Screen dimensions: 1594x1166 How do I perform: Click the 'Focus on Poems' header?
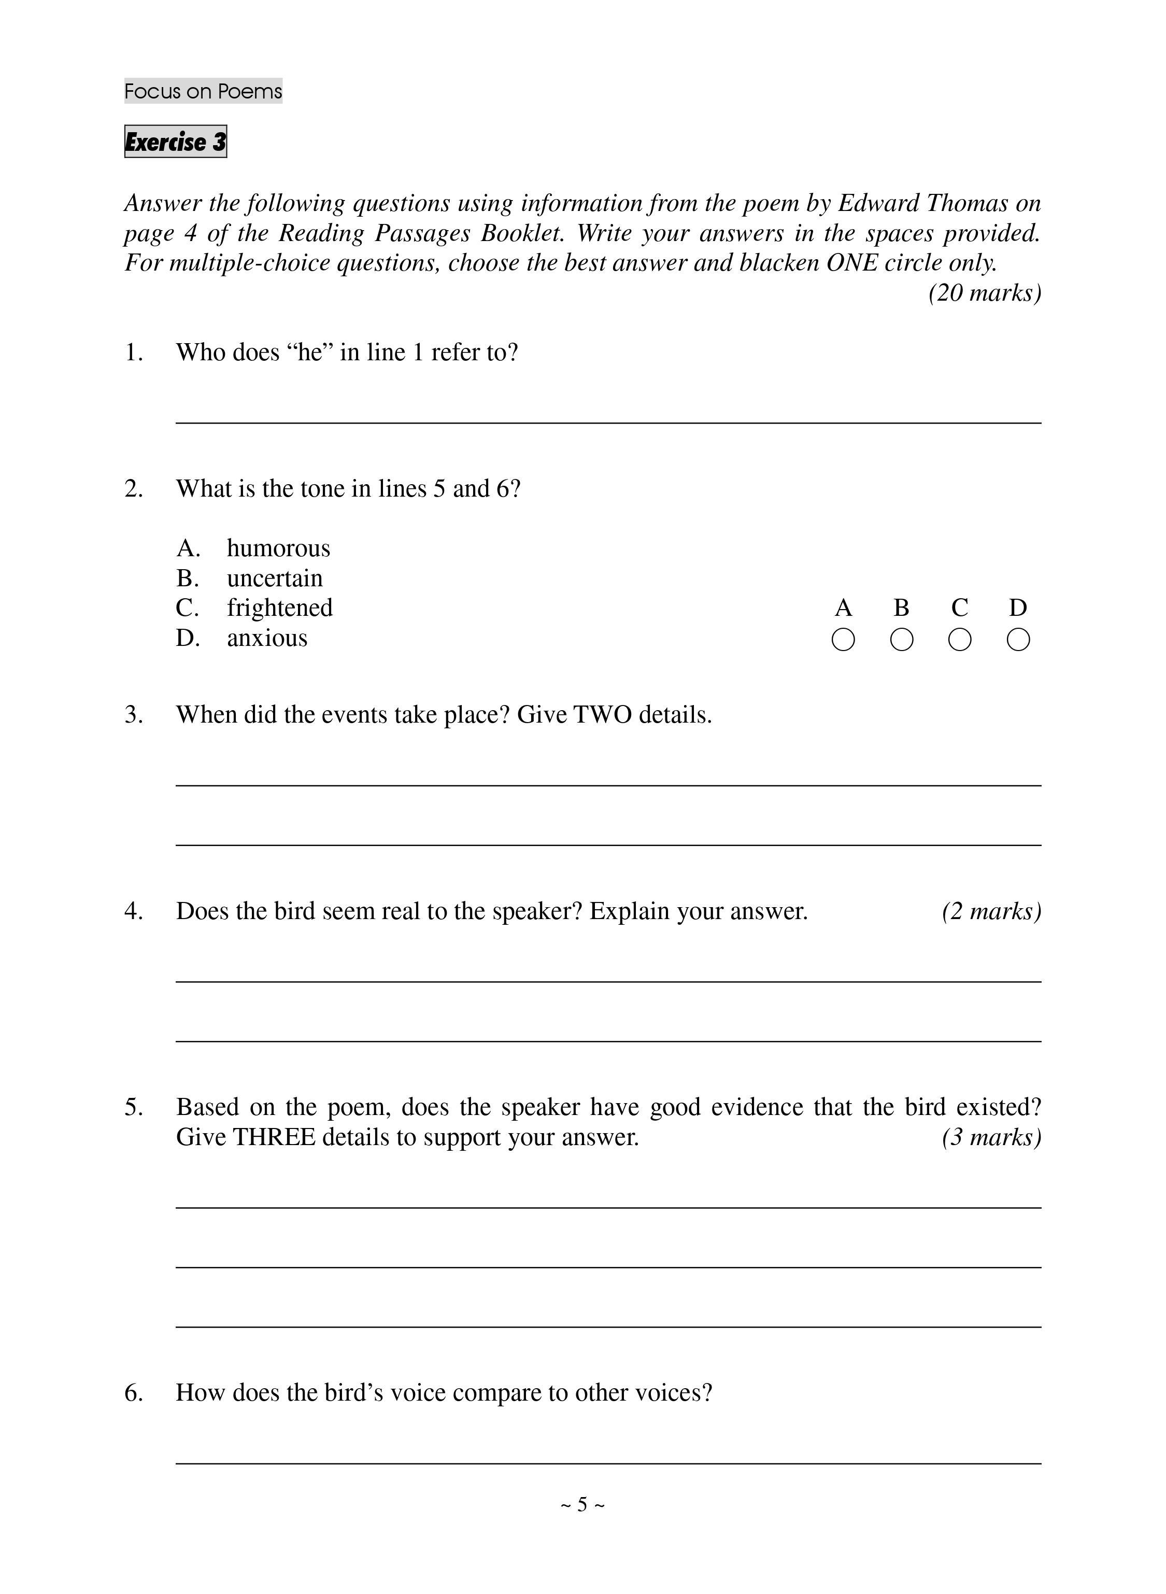[x=203, y=91]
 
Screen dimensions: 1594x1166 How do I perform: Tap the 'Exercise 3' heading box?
[x=175, y=142]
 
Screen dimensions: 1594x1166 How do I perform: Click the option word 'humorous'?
[x=278, y=548]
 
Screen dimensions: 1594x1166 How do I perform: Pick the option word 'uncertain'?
[x=275, y=578]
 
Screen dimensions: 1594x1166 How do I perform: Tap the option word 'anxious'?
[x=267, y=638]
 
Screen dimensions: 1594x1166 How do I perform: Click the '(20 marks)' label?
[x=985, y=293]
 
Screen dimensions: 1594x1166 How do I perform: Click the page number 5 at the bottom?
[x=582, y=1504]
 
